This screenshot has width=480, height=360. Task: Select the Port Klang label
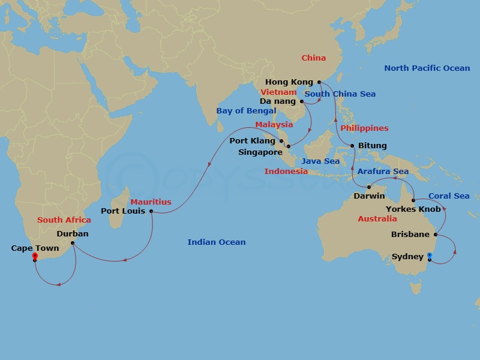tap(252, 142)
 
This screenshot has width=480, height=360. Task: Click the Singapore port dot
tap(289, 146)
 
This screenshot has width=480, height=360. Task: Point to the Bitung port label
tap(372, 146)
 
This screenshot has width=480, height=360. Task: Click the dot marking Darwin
tap(368, 187)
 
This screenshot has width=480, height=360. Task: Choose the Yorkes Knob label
tap(413, 209)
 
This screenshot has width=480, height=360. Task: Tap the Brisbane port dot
tap(436, 235)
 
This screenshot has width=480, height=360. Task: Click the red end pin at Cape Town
tap(35, 256)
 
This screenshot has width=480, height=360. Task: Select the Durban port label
tap(73, 234)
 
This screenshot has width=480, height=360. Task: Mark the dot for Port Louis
tap(151, 211)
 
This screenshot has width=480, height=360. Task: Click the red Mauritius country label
tap(151, 202)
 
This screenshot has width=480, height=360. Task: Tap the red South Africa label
tap(64, 220)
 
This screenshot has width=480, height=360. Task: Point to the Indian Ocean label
tap(217, 242)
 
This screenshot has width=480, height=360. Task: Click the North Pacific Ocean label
tap(427, 68)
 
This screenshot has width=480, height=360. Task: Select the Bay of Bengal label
tap(246, 111)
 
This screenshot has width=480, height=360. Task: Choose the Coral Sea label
tap(449, 196)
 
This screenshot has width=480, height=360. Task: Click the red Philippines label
tap(364, 128)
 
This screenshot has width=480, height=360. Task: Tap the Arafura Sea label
tap(383, 172)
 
